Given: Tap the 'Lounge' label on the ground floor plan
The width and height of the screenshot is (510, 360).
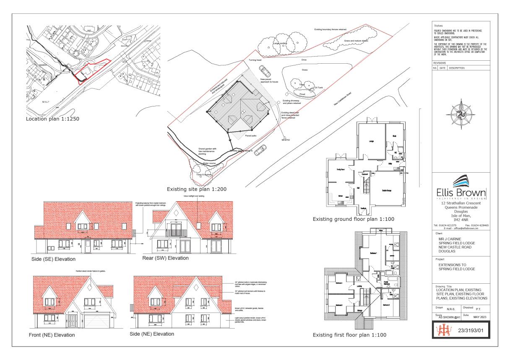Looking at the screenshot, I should pyautogui.click(x=371, y=141).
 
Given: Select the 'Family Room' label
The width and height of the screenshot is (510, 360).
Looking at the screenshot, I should pyautogui.click(x=340, y=169).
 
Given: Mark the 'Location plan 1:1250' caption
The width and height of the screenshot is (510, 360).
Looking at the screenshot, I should pyautogui.click(x=52, y=119).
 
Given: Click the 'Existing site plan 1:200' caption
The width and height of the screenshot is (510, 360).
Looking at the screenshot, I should pyautogui.click(x=197, y=189).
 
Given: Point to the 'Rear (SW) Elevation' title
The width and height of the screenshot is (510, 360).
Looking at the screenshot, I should pyautogui.click(x=166, y=258).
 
